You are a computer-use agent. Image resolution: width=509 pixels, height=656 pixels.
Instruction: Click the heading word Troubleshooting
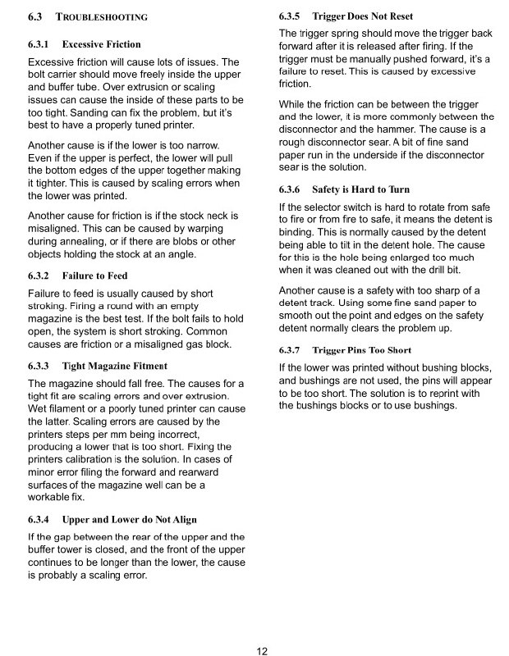[x=102, y=16]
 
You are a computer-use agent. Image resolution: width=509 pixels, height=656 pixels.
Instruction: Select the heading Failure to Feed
[x=94, y=276]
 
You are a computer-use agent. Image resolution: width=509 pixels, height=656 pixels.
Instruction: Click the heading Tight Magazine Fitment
[x=114, y=366]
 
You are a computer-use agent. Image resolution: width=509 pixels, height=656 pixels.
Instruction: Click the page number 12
[x=262, y=651]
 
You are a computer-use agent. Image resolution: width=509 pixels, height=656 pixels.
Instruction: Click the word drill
[x=418, y=269]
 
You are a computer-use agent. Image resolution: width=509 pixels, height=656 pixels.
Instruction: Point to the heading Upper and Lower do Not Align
[x=129, y=519]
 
